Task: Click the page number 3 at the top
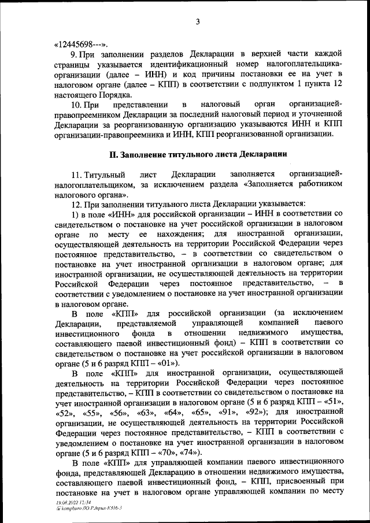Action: (197, 22)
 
